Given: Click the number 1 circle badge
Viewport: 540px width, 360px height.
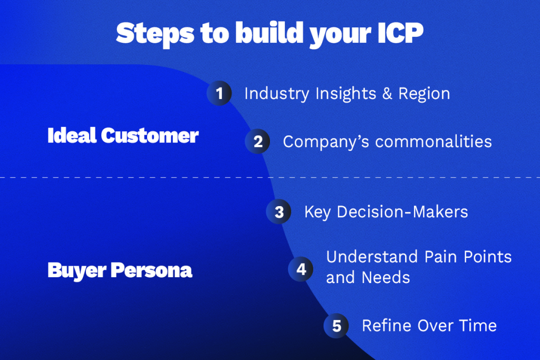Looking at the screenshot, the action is click(219, 93).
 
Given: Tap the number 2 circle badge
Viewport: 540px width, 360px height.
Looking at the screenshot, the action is click(257, 141).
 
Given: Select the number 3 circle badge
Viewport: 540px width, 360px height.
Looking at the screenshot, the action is click(278, 212).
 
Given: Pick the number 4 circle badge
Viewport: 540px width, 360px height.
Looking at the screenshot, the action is click(301, 269).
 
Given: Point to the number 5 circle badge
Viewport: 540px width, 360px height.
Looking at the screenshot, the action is click(336, 326).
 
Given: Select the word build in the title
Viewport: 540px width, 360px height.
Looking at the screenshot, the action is click(269, 33).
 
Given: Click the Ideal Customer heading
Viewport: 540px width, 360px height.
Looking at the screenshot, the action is click(123, 135).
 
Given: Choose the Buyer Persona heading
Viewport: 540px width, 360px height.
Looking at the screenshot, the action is click(120, 270).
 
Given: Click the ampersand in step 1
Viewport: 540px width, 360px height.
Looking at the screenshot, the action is click(388, 94).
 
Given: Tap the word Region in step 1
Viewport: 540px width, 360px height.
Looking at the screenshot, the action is click(425, 94).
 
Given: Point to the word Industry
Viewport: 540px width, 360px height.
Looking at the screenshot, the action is click(277, 94).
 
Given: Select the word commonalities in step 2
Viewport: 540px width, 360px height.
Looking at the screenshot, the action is click(433, 141).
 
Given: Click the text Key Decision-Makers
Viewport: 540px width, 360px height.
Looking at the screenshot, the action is click(387, 212).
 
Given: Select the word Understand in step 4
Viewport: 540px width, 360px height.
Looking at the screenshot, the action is click(372, 257).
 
